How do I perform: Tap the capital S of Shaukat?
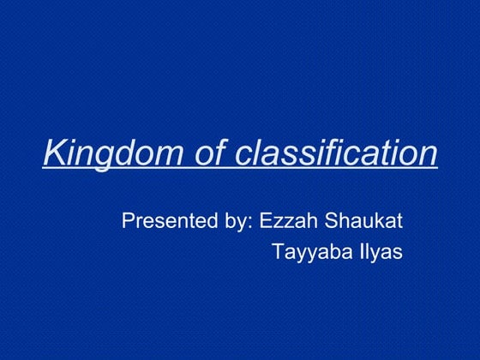coord(330,220)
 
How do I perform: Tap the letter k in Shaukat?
coord(381,220)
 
